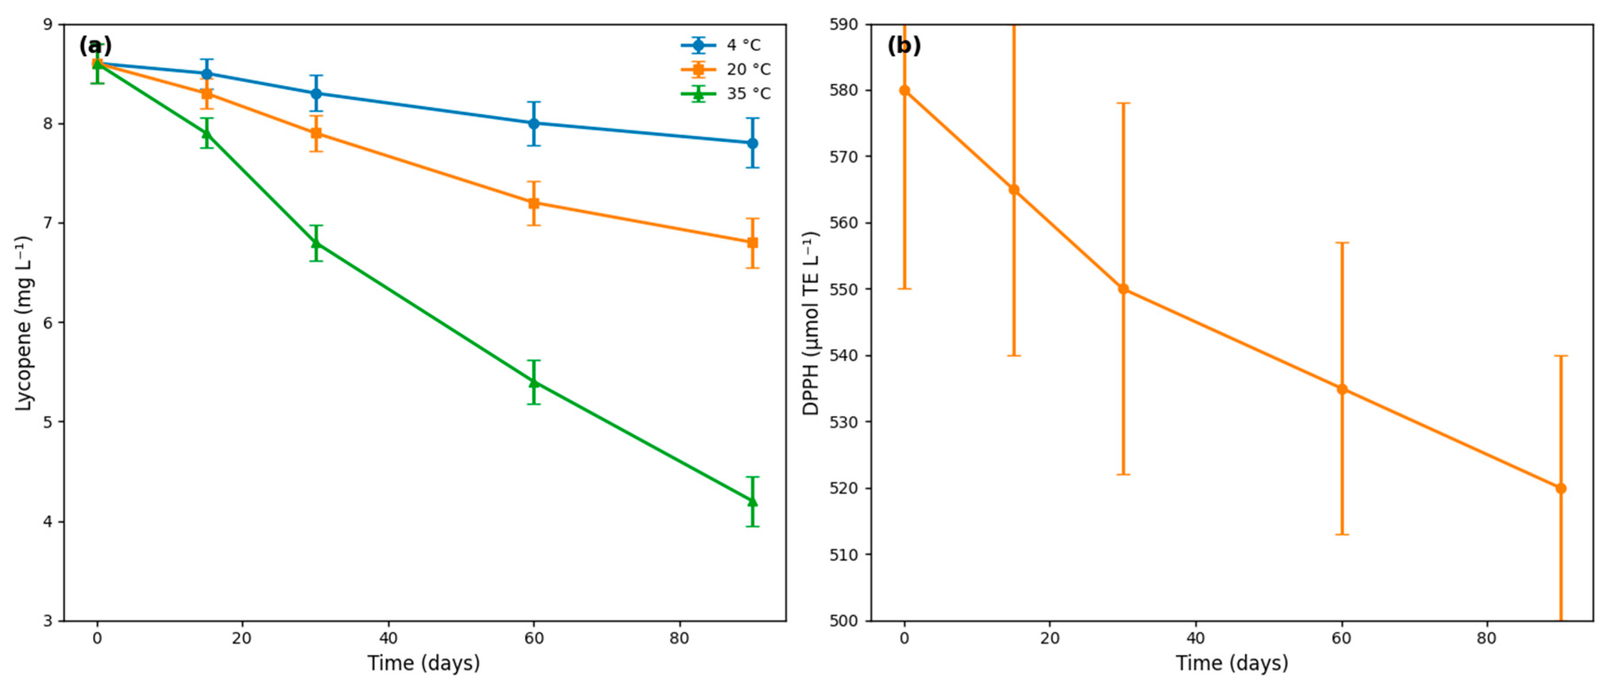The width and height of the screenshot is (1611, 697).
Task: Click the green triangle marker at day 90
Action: pyautogui.click(x=753, y=501)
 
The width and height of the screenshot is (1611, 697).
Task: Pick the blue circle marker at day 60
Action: pyautogui.click(x=533, y=123)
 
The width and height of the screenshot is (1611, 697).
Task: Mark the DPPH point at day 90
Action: pyautogui.click(x=1561, y=488)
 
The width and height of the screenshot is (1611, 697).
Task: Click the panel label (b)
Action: pyautogui.click(x=904, y=46)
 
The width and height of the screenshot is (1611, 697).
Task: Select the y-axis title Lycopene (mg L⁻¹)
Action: pyautogui.click(x=23, y=323)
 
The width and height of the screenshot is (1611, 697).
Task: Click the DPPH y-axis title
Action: pyautogui.click(x=811, y=323)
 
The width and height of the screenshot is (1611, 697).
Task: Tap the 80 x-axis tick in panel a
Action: pyautogui.click(x=679, y=638)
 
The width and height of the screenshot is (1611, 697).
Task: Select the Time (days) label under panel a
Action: pyautogui.click(x=424, y=663)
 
